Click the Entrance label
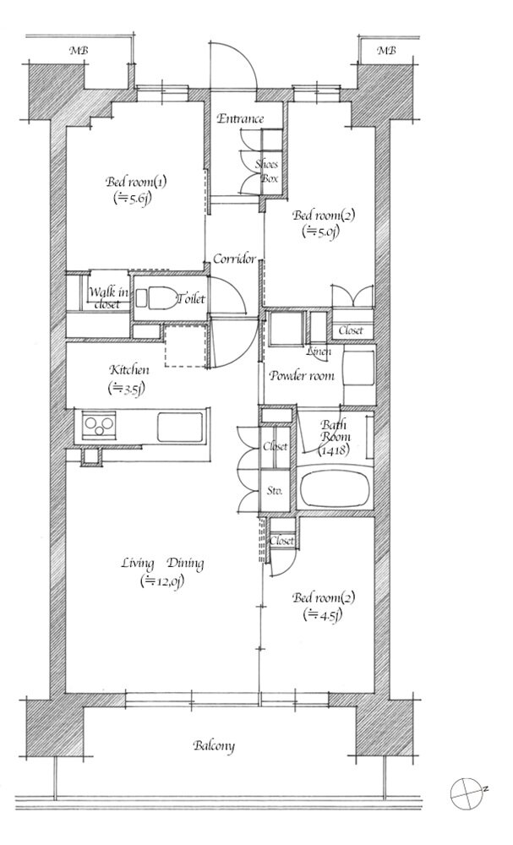pos(240,118)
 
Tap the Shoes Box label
pos(267,172)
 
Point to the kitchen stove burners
pos(99,425)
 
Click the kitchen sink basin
pos(180,427)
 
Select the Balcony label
pos(214,746)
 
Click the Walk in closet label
pos(109,298)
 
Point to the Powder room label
pos(301,376)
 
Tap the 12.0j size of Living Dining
pos(161,582)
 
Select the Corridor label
pos(234,259)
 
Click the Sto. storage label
pos(275,491)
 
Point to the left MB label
pos(79,52)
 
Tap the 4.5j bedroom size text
pos(323,614)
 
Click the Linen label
pos(318,352)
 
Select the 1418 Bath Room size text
pos(334,450)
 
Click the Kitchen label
pos(128,370)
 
